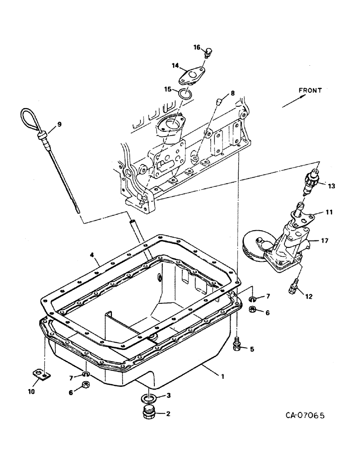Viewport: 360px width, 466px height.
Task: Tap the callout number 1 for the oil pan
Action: tap(223, 376)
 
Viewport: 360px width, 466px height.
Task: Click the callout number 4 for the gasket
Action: tap(92, 254)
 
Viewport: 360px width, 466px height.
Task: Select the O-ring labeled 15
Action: tap(185, 93)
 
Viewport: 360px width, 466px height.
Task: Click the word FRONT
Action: tap(311, 91)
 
